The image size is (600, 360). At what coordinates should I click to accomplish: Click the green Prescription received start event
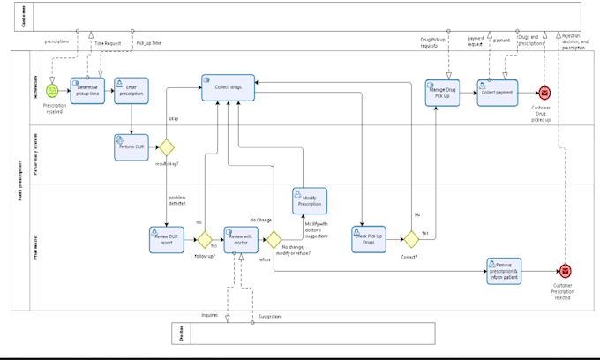tap(52, 91)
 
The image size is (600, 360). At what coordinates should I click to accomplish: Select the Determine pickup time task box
tap(87, 91)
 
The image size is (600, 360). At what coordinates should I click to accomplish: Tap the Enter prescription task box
tap(131, 91)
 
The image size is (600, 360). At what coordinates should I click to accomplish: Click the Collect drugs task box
tap(228, 87)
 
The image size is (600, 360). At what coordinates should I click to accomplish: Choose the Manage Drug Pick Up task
tap(442, 93)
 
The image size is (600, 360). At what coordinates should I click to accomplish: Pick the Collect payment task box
tap(497, 93)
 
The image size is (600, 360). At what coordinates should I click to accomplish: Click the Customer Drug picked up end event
tap(544, 92)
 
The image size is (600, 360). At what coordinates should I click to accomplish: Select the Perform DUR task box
tap(131, 146)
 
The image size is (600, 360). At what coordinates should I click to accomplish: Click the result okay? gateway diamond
tap(165, 146)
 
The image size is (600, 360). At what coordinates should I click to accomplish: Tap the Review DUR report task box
tap(166, 239)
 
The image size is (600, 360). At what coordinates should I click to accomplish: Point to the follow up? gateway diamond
tap(204, 239)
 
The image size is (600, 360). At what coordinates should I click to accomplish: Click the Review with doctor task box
tap(240, 239)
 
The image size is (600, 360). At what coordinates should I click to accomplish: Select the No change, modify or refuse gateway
tap(274, 239)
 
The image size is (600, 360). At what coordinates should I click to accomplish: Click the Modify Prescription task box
tap(310, 200)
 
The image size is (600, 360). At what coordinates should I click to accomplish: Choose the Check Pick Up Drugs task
tap(369, 239)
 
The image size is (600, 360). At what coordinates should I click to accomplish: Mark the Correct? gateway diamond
tap(409, 239)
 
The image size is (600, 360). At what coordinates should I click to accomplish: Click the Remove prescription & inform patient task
tap(504, 271)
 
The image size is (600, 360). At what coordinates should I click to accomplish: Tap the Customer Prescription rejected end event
tap(566, 271)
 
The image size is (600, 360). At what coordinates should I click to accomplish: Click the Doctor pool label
tap(181, 333)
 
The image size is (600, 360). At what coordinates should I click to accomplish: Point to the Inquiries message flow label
tap(210, 314)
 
